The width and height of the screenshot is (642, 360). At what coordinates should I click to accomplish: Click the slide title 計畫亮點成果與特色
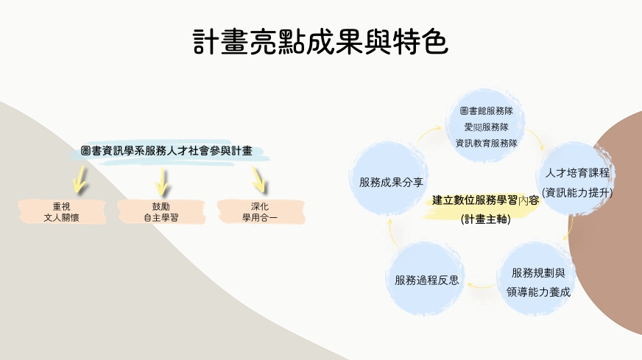click(x=320, y=43)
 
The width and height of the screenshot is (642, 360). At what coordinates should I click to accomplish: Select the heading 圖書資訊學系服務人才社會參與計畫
click(x=166, y=151)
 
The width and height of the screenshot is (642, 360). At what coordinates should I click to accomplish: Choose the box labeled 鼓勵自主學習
click(x=160, y=211)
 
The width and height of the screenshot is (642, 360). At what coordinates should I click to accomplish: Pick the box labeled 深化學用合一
click(x=259, y=211)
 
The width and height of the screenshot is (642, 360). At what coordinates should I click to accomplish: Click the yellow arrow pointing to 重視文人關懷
click(x=78, y=177)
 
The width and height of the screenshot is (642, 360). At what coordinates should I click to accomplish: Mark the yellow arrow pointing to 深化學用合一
click(x=258, y=177)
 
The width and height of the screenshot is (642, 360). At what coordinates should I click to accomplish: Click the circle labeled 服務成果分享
click(x=390, y=181)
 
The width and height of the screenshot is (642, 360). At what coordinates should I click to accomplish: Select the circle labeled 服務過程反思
click(x=426, y=279)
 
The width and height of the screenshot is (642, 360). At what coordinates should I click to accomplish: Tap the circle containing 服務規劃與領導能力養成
click(x=538, y=281)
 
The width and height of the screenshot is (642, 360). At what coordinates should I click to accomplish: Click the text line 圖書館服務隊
click(x=486, y=111)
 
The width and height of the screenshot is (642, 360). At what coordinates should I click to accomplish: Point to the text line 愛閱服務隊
click(x=486, y=127)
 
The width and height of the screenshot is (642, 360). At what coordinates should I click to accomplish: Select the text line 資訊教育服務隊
click(x=486, y=143)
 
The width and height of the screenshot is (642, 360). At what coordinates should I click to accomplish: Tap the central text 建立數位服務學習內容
click(x=485, y=200)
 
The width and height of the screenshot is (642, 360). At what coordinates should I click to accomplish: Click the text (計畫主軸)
click(x=485, y=219)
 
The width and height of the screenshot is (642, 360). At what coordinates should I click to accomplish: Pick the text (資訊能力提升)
click(x=577, y=193)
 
